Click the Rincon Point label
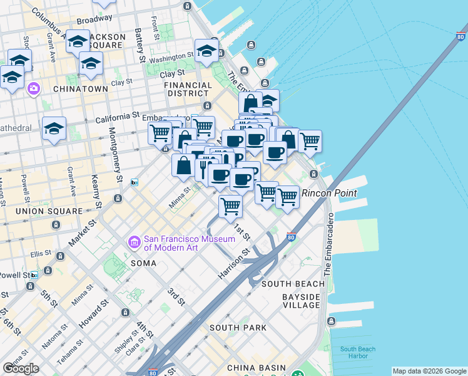click(329, 193)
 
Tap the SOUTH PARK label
click(238, 328)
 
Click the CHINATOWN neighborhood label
click(81, 89)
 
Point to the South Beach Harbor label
click(358, 353)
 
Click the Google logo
click(21, 368)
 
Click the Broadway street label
click(94, 19)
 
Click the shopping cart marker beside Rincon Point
click(287, 196)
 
